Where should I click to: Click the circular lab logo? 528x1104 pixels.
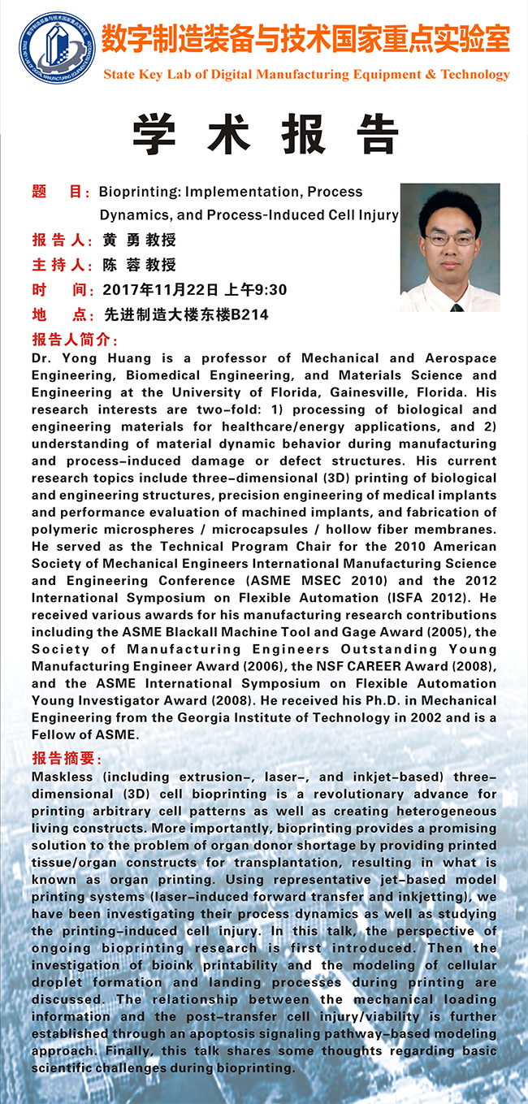[57, 47]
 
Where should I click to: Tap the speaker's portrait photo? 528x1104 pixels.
[449, 248]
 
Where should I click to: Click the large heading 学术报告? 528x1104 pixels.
[265, 135]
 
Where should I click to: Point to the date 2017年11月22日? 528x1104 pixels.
[161, 290]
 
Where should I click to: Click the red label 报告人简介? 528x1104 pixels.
[76, 340]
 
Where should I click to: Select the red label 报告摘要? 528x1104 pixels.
[67, 759]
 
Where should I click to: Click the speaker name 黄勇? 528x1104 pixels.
[121, 241]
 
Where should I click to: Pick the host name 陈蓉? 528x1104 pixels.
[121, 266]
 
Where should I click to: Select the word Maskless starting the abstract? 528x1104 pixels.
[63, 777]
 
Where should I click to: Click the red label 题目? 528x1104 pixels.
[60, 193]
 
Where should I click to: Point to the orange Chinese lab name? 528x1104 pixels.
[305, 38]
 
